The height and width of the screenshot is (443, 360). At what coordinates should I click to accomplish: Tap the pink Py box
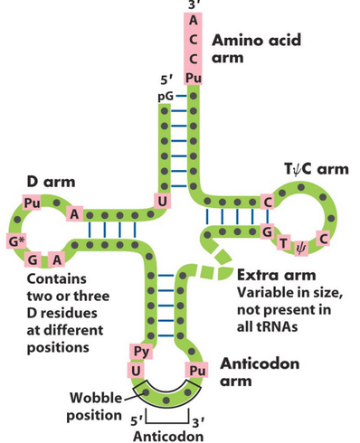click(141, 351)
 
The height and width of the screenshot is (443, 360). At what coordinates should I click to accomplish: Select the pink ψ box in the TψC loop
click(302, 242)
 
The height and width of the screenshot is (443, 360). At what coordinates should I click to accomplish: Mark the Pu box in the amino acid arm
click(194, 79)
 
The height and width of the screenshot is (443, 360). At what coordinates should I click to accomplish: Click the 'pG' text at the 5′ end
click(165, 94)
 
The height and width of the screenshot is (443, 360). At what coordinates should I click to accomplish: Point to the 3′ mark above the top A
click(194, 5)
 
